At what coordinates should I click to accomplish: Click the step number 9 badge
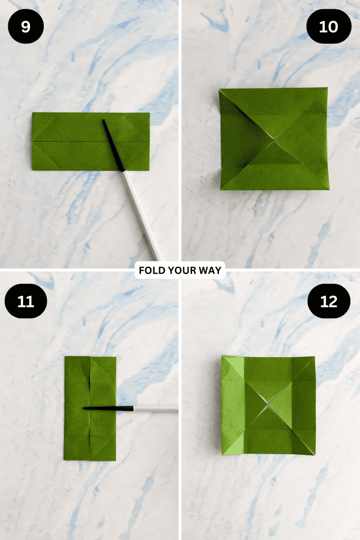pos(26,26)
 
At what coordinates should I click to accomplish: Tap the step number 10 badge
pos(329,26)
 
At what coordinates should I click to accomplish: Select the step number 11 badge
pos(26,301)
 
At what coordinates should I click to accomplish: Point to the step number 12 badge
pos(329,301)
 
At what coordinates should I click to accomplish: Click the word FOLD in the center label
pos(150,270)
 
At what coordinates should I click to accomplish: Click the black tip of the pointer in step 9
pos(112,145)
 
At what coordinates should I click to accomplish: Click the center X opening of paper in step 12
pos(268,406)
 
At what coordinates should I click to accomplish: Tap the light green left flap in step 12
pos(233,405)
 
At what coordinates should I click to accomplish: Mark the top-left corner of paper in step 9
pos(33,113)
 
